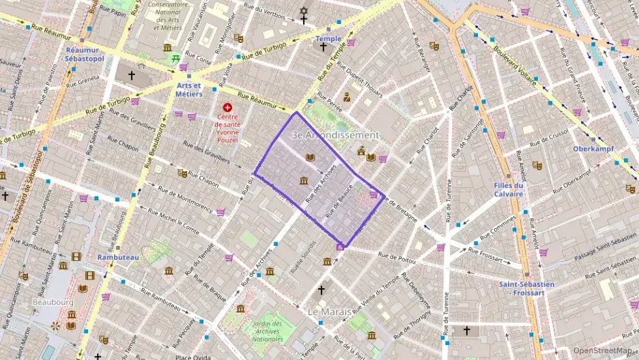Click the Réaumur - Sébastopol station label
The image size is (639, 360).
pyautogui.click(x=85, y=55)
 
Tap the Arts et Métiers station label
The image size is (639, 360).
pyautogui.click(x=189, y=89)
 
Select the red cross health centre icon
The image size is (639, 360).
pyautogui.click(x=227, y=107)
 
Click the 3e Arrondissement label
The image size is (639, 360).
pyautogui.click(x=335, y=135)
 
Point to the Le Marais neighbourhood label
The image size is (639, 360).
pyautogui.click(x=329, y=311)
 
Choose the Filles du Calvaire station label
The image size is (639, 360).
pyautogui.click(x=509, y=189)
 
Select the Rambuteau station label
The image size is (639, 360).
pyautogui.click(x=117, y=258)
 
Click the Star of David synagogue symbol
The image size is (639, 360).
pyautogui.click(x=304, y=11)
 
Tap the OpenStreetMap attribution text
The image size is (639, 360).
pyautogui.click(x=603, y=350)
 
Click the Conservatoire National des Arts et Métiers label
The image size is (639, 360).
pyautogui.click(x=166, y=16)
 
